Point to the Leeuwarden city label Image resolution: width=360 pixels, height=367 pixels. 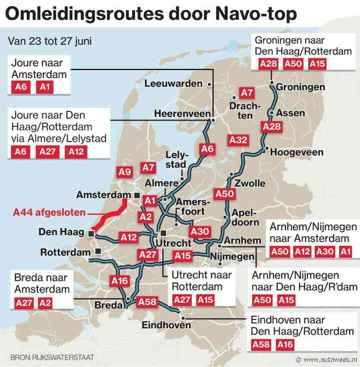pyautogui.click(x=173, y=83)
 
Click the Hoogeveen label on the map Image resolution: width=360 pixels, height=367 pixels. pyautogui.click(x=296, y=152)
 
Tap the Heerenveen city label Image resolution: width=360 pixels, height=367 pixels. pyautogui.click(x=182, y=114)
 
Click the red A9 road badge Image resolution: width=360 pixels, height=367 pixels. pyautogui.click(x=125, y=172)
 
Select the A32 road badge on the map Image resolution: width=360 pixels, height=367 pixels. pyautogui.click(x=238, y=140)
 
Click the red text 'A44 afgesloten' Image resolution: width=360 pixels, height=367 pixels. pyautogui.click(x=49, y=212)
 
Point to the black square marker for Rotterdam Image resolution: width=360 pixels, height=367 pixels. pyautogui.click(x=98, y=251)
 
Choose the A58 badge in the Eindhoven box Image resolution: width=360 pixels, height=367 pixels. pyautogui.click(x=261, y=344)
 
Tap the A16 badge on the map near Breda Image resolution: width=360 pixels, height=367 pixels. pyautogui.click(x=120, y=281)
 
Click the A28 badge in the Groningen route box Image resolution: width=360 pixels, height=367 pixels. pyautogui.click(x=268, y=64)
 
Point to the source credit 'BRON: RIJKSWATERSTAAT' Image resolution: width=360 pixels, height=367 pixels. pyautogui.click(x=52, y=357)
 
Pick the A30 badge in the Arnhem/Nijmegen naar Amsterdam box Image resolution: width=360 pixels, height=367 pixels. pyautogui.click(x=323, y=251)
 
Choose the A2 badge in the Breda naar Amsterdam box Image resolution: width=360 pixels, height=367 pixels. pyautogui.click(x=45, y=302)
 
